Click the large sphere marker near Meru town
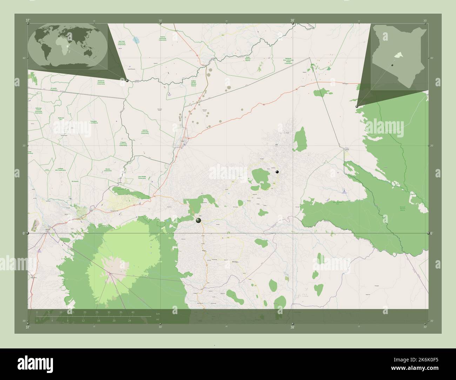click(x=199, y=220)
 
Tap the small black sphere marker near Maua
click(x=277, y=172)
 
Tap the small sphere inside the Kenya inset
click(x=393, y=65)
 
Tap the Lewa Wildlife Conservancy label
click(x=142, y=177)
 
